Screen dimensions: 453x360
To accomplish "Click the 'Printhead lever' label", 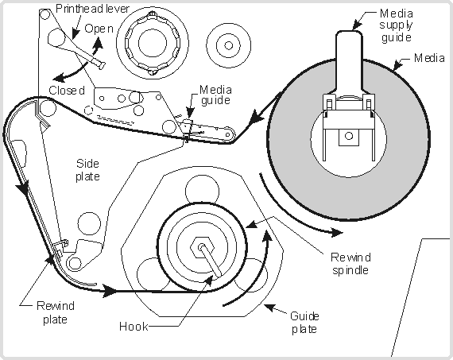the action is pos(92,9).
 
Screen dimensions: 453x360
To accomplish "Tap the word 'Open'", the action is pos(99,29).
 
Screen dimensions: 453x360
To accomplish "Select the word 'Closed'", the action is pos(67,91).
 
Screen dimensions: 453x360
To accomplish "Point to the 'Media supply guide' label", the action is pos(396,25).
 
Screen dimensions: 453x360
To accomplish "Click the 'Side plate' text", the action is pos(88,170).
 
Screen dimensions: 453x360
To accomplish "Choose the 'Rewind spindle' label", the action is pos(350,264).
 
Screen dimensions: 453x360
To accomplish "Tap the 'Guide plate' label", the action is pos(304,323).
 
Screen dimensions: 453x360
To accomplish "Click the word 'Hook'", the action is pos(134,327).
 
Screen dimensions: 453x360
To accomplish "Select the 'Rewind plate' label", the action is pos(56,312).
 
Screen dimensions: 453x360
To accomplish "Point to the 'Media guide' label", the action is pos(215,95).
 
